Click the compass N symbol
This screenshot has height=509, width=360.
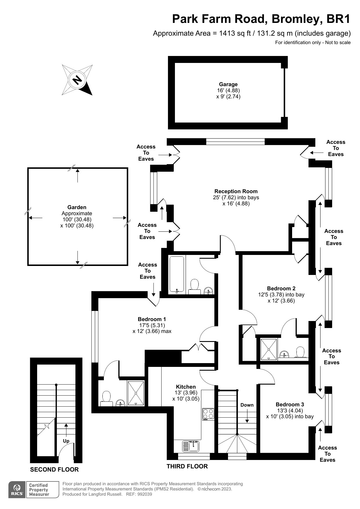pos(77,80)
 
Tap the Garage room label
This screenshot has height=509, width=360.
pos(228,84)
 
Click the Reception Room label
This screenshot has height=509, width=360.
pos(236,191)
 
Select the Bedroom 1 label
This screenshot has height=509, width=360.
pos(152,319)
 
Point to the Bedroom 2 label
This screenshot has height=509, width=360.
pos(281,289)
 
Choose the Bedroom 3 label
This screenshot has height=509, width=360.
pos(290,405)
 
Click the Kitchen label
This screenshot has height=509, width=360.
pos(186,387)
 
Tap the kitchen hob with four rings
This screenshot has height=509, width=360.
pos(208,414)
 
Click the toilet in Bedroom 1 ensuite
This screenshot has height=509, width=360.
pos(106,398)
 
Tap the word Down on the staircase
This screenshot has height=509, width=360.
pos(247,405)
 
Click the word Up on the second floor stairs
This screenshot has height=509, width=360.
pos(66,441)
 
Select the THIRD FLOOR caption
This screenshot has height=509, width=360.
pos(187,466)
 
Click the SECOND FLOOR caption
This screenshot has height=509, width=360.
pos(54,470)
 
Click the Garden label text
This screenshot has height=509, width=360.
pos(77,207)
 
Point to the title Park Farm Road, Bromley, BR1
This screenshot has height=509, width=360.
pos(261,19)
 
